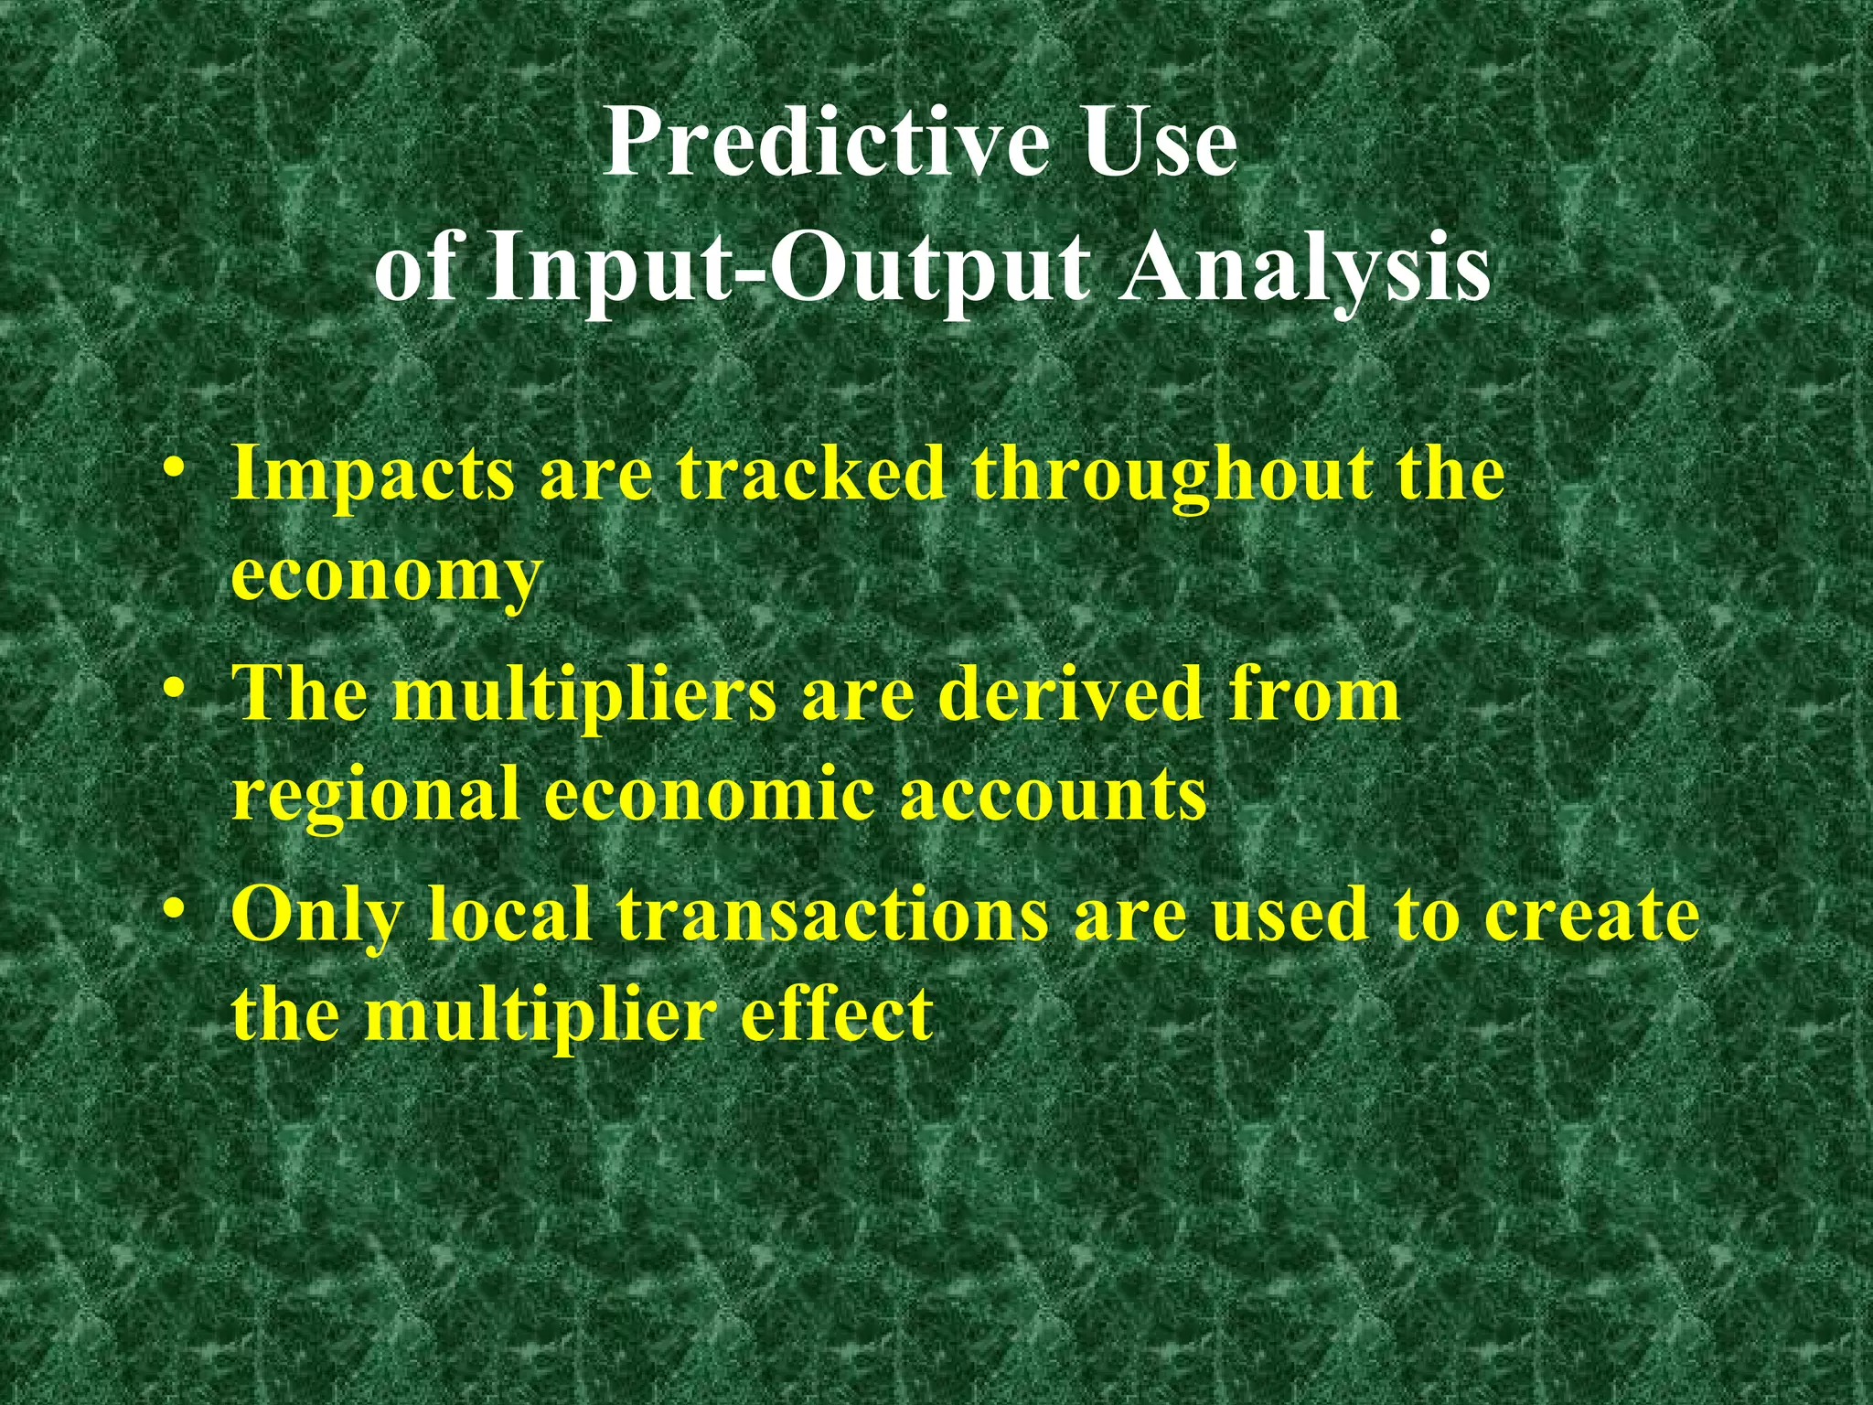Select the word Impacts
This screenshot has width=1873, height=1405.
(373, 476)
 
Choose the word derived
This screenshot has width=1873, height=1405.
(1070, 692)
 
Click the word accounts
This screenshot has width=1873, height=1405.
(1053, 794)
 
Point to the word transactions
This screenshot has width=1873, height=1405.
(831, 915)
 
